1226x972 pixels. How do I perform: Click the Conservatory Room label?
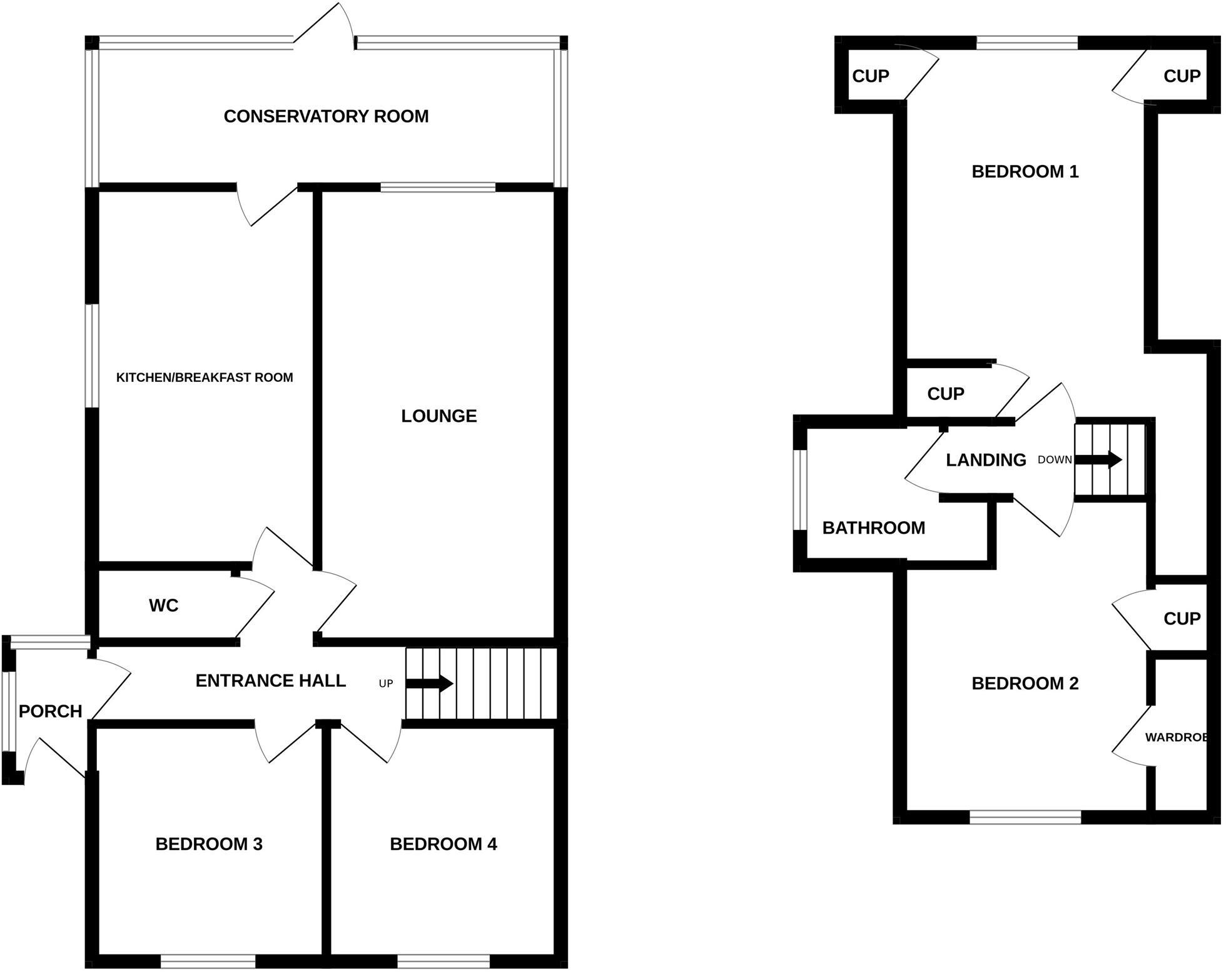[x=326, y=116]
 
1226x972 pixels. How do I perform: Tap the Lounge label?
[x=438, y=416]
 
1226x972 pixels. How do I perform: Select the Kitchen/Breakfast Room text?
[x=205, y=378]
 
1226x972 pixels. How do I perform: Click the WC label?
[x=163, y=605]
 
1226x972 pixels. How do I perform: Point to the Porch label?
[x=50, y=711]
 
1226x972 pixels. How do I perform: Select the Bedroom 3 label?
[x=208, y=844]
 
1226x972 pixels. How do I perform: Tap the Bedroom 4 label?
[x=443, y=844]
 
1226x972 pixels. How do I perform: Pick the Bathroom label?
[x=873, y=528]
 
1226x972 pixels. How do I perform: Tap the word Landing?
[x=986, y=460]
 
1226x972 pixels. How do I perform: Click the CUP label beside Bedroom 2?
[x=1182, y=618]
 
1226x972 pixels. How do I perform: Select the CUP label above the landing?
[x=945, y=393]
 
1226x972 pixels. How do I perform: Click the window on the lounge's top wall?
[x=438, y=187]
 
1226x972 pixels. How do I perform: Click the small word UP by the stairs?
[x=386, y=684]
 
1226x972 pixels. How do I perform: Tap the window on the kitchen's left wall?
[x=92, y=356]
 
